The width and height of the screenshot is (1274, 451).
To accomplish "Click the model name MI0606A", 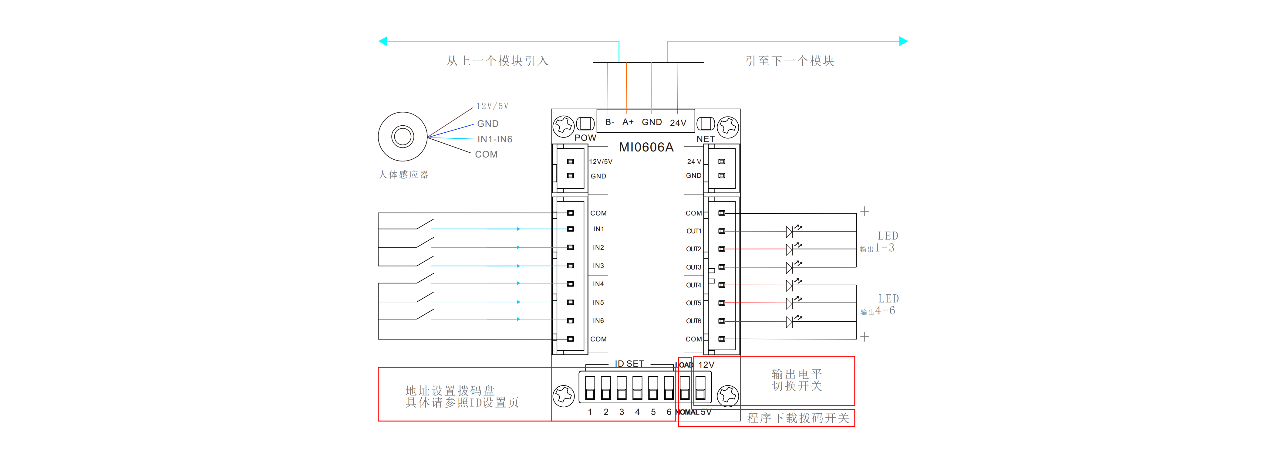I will pos(646,147).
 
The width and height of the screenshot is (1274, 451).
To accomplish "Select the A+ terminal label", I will pos(628,122).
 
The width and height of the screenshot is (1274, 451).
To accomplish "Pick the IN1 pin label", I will pos(598,229).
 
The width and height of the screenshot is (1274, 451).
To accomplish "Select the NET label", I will pos(705,139).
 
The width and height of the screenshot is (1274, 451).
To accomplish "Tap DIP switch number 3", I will pos(622,388).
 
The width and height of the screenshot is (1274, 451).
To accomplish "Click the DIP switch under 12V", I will pos(700,388).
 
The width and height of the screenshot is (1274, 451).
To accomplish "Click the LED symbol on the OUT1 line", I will pos(790,231).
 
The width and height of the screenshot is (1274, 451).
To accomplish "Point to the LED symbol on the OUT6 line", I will pos(790,321).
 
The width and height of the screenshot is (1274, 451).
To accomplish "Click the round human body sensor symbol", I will pos(403,137).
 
